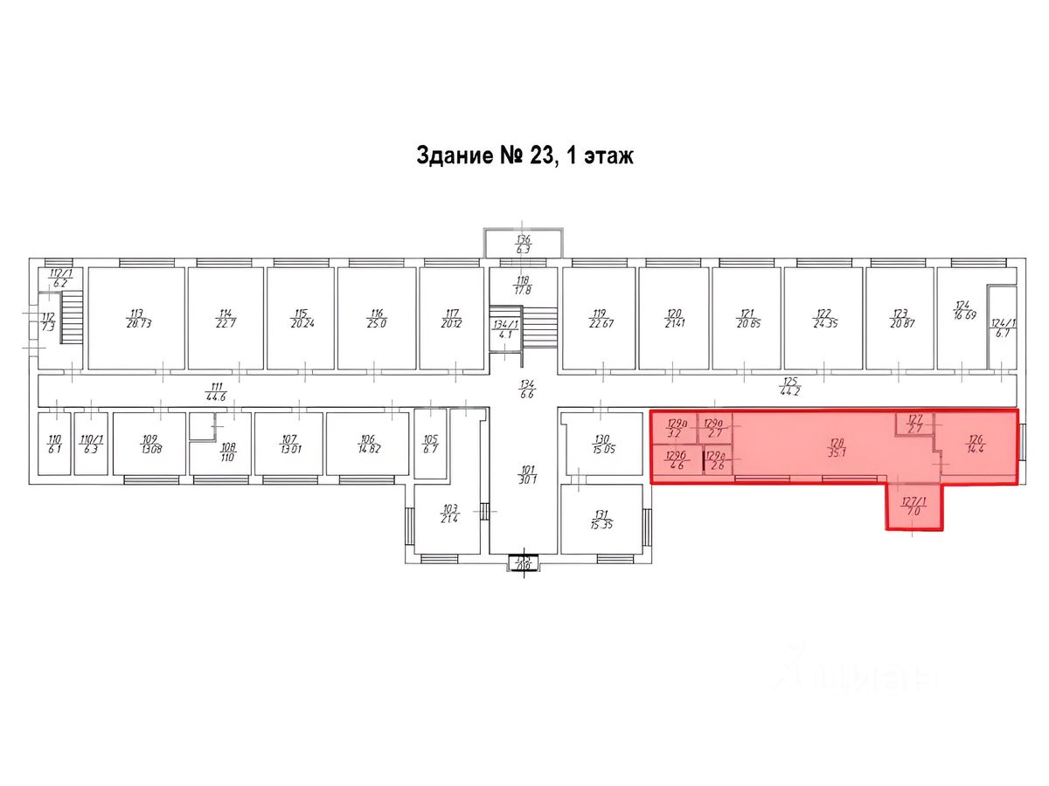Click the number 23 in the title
pos(540,156)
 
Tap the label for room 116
pos(377,319)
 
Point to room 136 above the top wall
pos(523,244)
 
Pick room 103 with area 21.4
pos(450,513)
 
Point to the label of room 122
pos(823,319)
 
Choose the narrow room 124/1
pos(1002,327)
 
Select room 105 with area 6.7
pos(430,445)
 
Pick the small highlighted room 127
pos(915,424)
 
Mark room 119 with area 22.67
pos(599,319)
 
